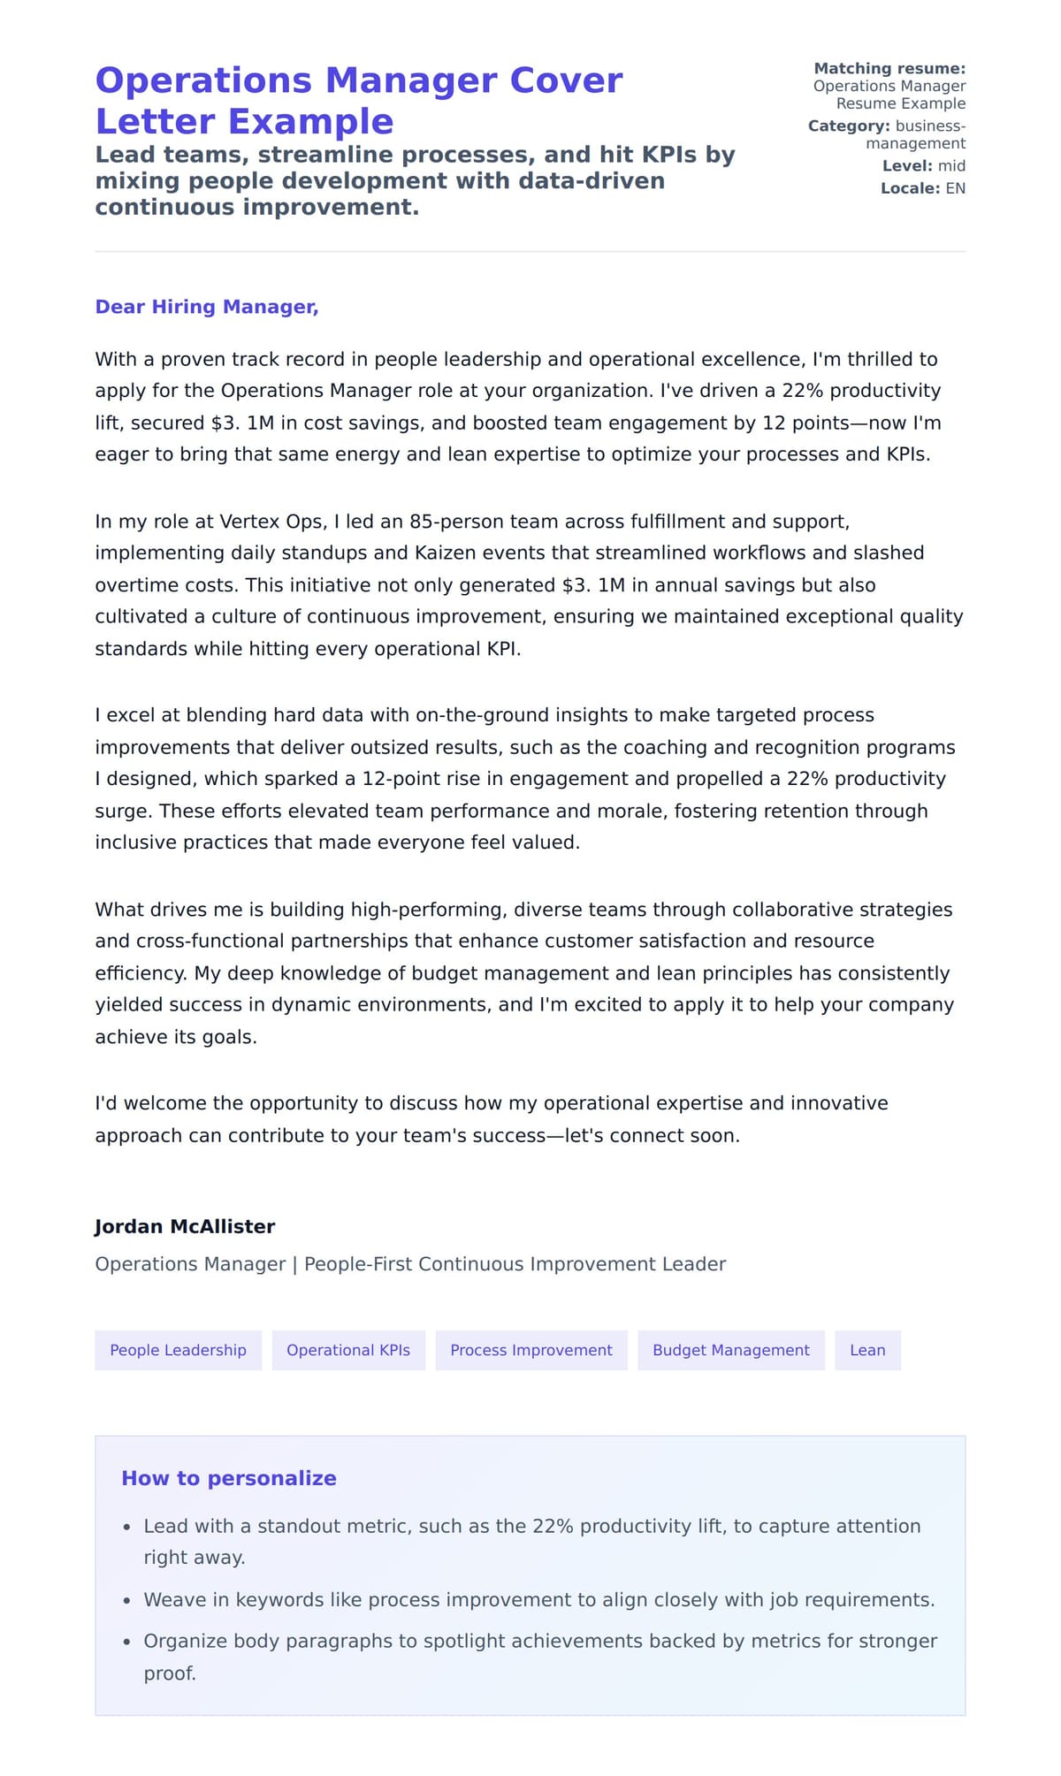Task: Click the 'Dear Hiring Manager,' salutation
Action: [x=206, y=307]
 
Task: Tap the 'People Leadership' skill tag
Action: [x=178, y=1350]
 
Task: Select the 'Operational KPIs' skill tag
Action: [x=348, y=1350]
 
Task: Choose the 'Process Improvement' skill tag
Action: [x=530, y=1350]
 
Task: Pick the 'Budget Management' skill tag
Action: [x=730, y=1350]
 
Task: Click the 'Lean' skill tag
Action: [x=866, y=1350]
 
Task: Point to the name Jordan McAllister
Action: [x=185, y=1226]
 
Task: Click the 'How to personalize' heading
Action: [x=229, y=1478]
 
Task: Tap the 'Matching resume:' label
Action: [x=889, y=69]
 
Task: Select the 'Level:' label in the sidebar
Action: [x=907, y=166]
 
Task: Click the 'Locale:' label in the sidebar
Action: [x=910, y=188]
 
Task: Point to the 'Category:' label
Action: [x=848, y=126]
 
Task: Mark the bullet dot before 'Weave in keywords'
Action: [x=127, y=1601]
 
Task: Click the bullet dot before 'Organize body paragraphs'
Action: [x=127, y=1642]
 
